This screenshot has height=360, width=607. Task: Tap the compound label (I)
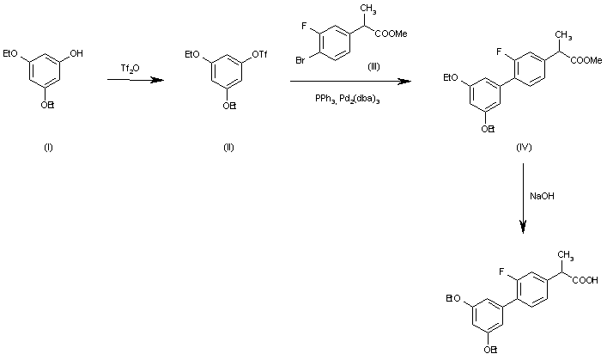click(48, 147)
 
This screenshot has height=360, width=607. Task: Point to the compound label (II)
click(228, 147)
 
